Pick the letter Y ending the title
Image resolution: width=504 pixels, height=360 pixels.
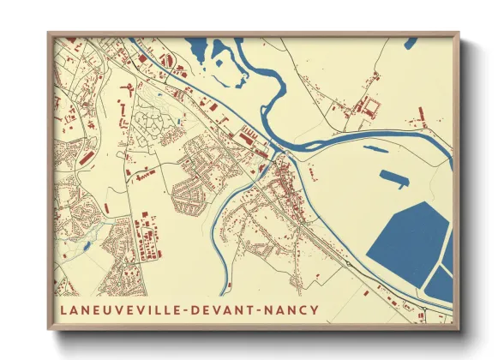pos(315,309)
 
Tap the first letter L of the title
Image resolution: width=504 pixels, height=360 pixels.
pos(63,309)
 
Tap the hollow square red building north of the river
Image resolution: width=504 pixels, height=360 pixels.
pos(371,107)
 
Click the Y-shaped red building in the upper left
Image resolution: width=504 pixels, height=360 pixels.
pos(128,89)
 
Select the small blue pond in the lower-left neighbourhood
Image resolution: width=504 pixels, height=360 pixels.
pos(87,248)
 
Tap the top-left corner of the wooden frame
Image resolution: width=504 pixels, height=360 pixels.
pos(49,33)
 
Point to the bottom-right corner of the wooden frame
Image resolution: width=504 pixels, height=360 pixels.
pos(459,330)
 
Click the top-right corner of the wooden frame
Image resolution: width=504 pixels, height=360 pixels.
pos(459,33)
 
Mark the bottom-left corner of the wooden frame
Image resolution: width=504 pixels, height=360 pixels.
pos(49,330)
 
